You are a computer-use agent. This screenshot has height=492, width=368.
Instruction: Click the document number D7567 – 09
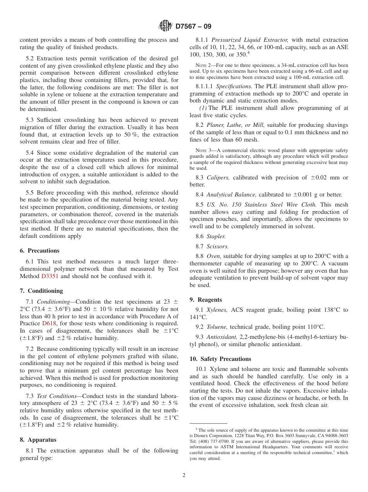193,27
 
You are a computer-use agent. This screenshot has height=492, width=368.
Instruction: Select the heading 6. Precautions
40,251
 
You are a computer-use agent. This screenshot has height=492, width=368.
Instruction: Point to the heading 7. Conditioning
41,291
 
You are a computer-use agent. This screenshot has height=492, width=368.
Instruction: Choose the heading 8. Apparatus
38,440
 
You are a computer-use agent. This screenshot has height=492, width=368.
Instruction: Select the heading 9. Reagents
206,300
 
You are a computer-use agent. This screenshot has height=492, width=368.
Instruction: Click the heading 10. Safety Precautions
220,359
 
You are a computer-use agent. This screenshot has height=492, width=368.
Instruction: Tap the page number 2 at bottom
184,475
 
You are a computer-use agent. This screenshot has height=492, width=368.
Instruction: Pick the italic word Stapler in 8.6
216,236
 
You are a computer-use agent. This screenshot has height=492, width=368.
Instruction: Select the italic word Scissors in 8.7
217,246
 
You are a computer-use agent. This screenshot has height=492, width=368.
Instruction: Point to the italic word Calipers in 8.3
218,178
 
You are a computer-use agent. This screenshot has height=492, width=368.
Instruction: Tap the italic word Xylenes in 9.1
217,310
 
